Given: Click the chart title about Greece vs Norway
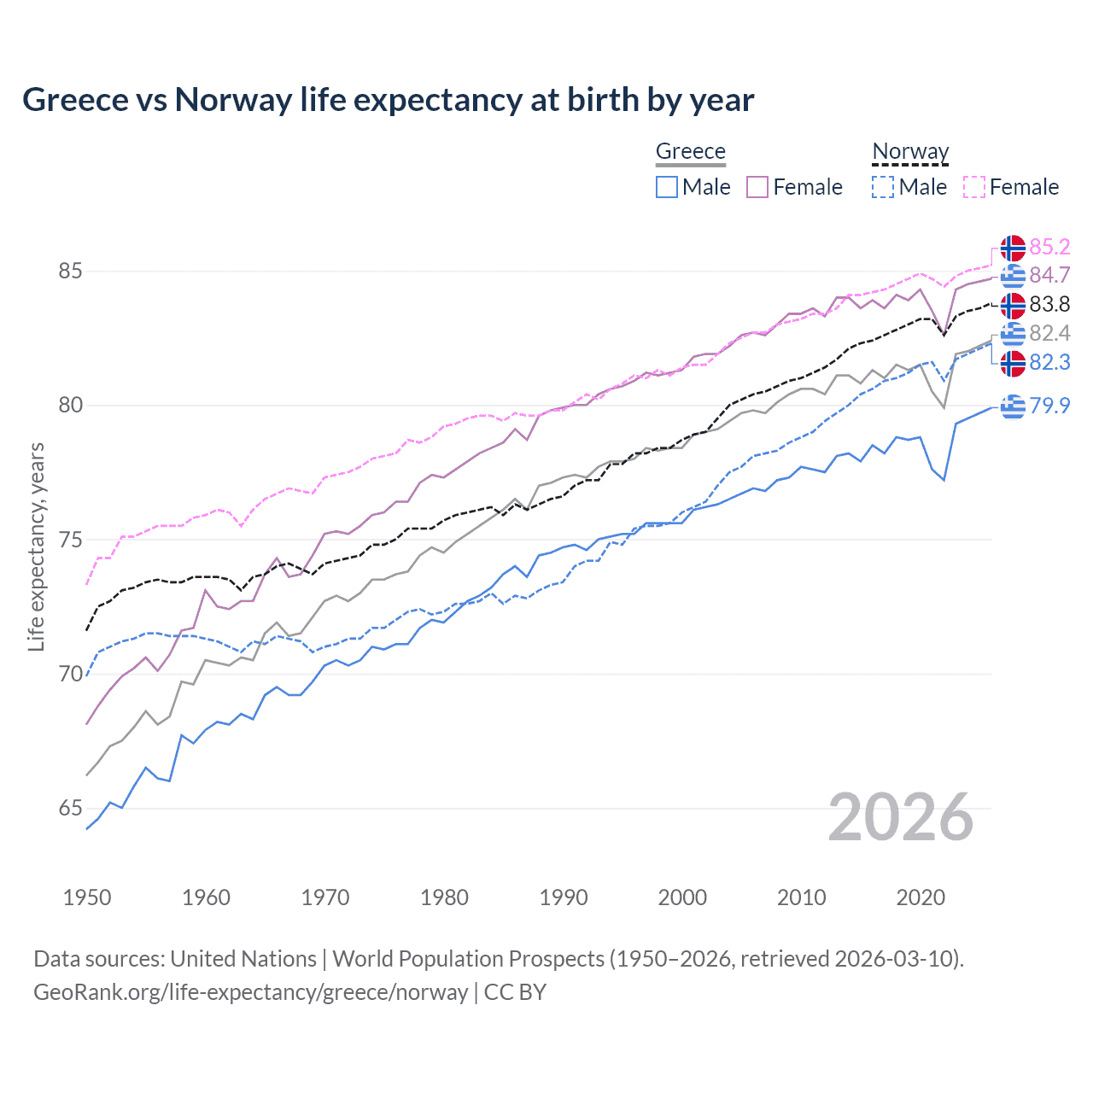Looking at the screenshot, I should pos(388,100).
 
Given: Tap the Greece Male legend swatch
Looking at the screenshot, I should pos(667,187).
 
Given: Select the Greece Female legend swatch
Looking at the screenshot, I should pos(757,187).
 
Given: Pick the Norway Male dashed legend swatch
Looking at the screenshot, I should pos(883,187).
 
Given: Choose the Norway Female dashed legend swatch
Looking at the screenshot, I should pos(973,187).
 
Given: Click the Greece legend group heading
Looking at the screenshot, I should pos(690,151).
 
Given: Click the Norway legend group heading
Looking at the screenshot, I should pos(910,151).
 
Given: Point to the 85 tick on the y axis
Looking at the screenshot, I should pos(70,272).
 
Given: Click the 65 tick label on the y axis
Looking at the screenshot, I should pos(70,809).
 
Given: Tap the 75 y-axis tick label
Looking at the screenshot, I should pos(70,541).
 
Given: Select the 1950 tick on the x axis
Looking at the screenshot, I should pos(87,897).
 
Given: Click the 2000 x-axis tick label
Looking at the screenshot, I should pos(682,897).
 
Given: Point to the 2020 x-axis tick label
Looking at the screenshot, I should pos(921,897).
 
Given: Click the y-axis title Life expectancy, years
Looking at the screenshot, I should pos(37,546).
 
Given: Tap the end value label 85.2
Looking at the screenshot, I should pos(1049,247).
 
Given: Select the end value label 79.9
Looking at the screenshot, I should pos(1049,406).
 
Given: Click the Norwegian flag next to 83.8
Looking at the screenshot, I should pos(1013,305).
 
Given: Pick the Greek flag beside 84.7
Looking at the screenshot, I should pos(1013,276).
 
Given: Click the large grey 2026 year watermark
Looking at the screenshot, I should pos(901,817).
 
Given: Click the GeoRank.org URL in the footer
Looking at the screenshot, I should pos(250,992).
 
